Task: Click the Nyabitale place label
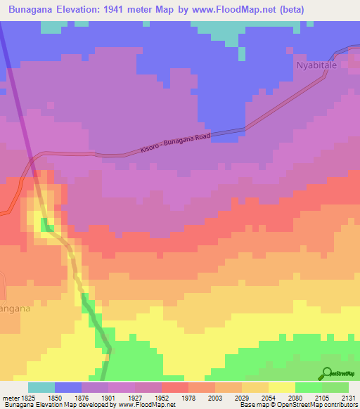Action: pyautogui.click(x=316, y=65)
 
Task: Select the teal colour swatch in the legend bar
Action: pyautogui.click(x=41, y=387)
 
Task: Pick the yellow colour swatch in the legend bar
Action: pyautogui.click(x=282, y=387)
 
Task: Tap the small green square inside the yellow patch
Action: pyautogui.click(x=47, y=224)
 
